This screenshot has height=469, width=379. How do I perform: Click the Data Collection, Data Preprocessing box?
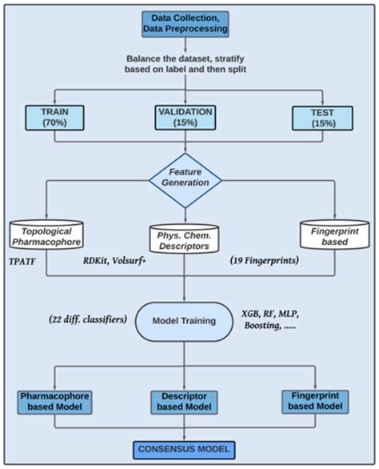186,24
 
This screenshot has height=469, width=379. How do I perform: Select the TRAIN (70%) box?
54,118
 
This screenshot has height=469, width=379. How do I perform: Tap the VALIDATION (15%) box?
186,117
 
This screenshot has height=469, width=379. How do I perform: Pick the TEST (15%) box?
322,118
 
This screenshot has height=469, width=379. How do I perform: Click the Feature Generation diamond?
186,180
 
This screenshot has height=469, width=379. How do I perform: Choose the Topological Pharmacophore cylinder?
46,234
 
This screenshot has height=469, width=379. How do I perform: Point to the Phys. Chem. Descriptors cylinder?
184,239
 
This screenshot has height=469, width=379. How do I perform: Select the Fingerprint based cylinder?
334,235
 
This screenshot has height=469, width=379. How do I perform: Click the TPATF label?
22,262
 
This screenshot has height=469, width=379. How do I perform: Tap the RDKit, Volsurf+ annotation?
115,261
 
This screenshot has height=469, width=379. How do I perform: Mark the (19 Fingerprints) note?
265,261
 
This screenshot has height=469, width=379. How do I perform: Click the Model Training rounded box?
184,321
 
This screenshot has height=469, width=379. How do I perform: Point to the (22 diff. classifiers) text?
88,319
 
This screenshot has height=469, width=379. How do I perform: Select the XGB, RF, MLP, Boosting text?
270,320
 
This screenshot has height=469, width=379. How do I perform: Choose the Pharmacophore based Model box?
54,402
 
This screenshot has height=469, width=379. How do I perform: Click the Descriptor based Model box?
184,402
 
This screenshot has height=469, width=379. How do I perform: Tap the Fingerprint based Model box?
315,402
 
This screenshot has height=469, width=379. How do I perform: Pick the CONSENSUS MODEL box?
184,450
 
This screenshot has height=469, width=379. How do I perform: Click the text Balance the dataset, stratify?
186,58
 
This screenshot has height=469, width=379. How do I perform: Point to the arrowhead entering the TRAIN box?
54,102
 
